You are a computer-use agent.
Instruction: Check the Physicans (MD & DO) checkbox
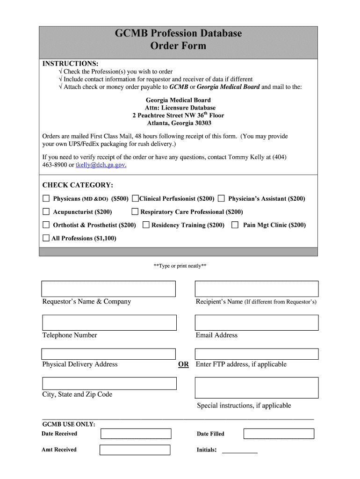46,198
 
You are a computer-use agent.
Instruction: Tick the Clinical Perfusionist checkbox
135,198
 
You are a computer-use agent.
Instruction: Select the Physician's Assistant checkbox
221,198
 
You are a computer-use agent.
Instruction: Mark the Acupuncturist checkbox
46,211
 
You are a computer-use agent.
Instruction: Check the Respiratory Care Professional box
135,211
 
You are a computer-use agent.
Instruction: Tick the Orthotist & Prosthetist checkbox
46,225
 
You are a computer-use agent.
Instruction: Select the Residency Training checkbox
146,225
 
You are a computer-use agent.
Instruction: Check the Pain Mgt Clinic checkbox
235,225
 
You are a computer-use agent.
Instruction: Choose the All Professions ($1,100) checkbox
46,238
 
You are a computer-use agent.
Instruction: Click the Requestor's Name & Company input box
108,289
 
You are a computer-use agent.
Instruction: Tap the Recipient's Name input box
256,289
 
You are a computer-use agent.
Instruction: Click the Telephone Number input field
109,322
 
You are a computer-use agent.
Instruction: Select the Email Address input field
256,322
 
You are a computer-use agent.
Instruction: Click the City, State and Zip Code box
109,384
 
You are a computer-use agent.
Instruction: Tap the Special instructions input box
256,387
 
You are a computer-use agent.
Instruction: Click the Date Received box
136,434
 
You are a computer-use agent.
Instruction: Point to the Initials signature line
239,452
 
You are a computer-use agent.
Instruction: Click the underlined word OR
184,364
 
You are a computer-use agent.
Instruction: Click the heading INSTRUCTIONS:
70,64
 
